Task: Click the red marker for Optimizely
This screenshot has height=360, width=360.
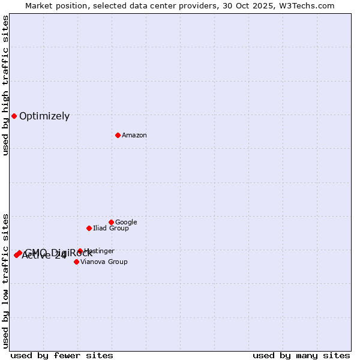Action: click(14, 116)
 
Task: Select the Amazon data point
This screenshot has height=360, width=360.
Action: click(118, 135)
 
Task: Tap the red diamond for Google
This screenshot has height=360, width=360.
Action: click(111, 222)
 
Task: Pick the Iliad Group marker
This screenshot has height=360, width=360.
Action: click(89, 228)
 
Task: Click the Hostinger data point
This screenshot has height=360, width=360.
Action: click(80, 251)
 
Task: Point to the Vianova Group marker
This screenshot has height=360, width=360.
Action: click(76, 262)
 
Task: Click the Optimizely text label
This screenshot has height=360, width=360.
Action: click(44, 116)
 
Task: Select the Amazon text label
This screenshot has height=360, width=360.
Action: click(134, 136)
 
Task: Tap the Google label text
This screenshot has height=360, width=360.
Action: click(126, 223)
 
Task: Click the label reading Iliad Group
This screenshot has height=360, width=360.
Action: click(111, 229)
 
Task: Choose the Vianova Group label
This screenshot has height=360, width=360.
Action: click(104, 262)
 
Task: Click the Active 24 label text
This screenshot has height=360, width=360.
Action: click(44, 256)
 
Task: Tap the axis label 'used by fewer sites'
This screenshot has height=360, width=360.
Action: click(62, 356)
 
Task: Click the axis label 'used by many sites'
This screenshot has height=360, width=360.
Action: click(301, 356)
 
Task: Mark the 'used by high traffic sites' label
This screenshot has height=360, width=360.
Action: click(6, 86)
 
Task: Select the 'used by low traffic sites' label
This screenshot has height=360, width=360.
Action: click(6, 281)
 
